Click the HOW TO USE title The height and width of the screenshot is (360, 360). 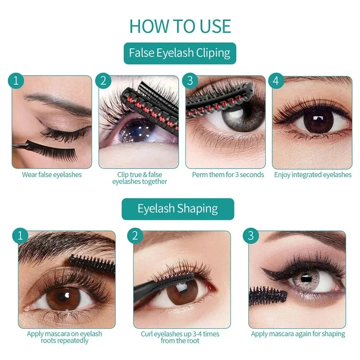click(180, 26)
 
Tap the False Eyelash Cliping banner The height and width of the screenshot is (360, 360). click(180, 53)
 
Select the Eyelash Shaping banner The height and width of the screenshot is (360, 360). click(178, 209)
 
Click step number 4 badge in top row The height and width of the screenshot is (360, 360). click(276, 81)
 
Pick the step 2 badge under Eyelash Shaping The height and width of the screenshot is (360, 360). click(135, 236)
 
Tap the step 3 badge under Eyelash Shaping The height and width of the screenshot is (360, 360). click(251, 236)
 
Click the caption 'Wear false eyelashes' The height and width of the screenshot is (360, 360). click(52, 175)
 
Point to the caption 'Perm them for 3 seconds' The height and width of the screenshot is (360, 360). click(228, 175)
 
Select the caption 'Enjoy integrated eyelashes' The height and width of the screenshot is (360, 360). click(313, 175)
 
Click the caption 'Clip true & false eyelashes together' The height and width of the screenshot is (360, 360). click(140, 178)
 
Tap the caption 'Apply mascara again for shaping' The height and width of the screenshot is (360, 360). click(298, 334)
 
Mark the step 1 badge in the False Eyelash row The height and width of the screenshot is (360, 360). click(16, 81)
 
